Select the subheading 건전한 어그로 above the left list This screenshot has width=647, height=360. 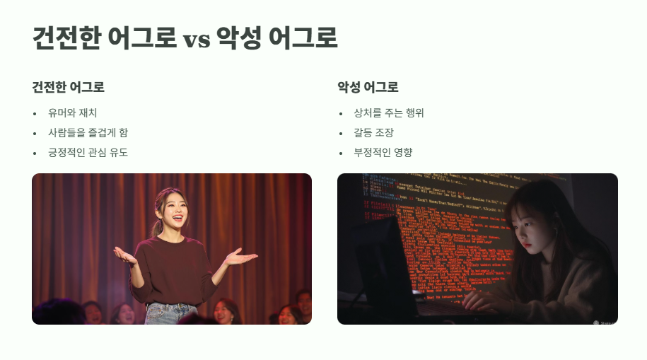[69, 88]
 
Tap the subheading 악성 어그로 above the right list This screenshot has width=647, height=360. [368, 88]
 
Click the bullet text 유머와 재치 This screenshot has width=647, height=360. [72, 113]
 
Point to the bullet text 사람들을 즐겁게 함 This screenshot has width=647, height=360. [88, 133]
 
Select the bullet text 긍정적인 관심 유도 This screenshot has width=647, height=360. [88, 153]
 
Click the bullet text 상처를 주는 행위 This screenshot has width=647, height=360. [389, 113]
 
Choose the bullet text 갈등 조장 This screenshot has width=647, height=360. [373, 133]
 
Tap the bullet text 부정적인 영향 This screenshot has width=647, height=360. [383, 153]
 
